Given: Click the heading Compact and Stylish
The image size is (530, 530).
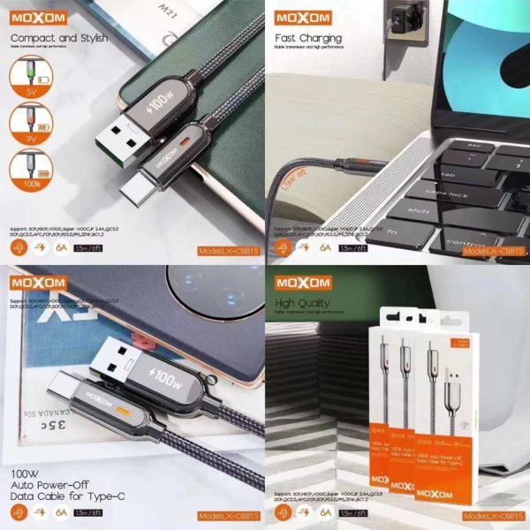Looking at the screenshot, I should pos(59,40).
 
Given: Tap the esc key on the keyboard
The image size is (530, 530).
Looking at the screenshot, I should pos(473,147).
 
